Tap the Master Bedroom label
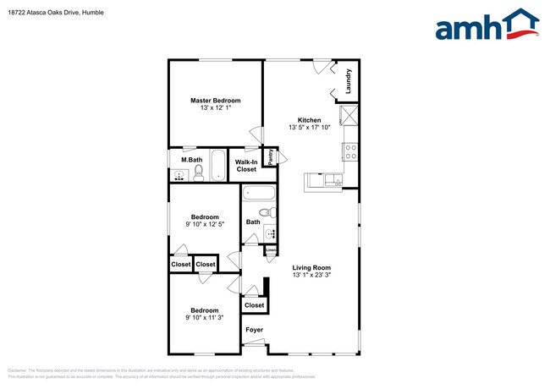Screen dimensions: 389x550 tap(215, 101)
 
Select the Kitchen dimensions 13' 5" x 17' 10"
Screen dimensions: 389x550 tap(309, 128)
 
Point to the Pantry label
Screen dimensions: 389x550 tap(271, 156)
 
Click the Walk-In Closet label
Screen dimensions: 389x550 tap(246, 165)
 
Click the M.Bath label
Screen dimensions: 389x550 tap(191, 160)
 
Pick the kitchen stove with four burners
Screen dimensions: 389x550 tap(350, 151)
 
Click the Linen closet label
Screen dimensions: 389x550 tap(270, 250)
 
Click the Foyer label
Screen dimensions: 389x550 tap(254, 330)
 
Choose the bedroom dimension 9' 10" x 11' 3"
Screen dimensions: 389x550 tap(204, 318)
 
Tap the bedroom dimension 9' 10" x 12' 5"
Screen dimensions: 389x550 tap(204, 224)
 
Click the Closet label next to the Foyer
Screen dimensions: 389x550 tap(254, 304)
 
